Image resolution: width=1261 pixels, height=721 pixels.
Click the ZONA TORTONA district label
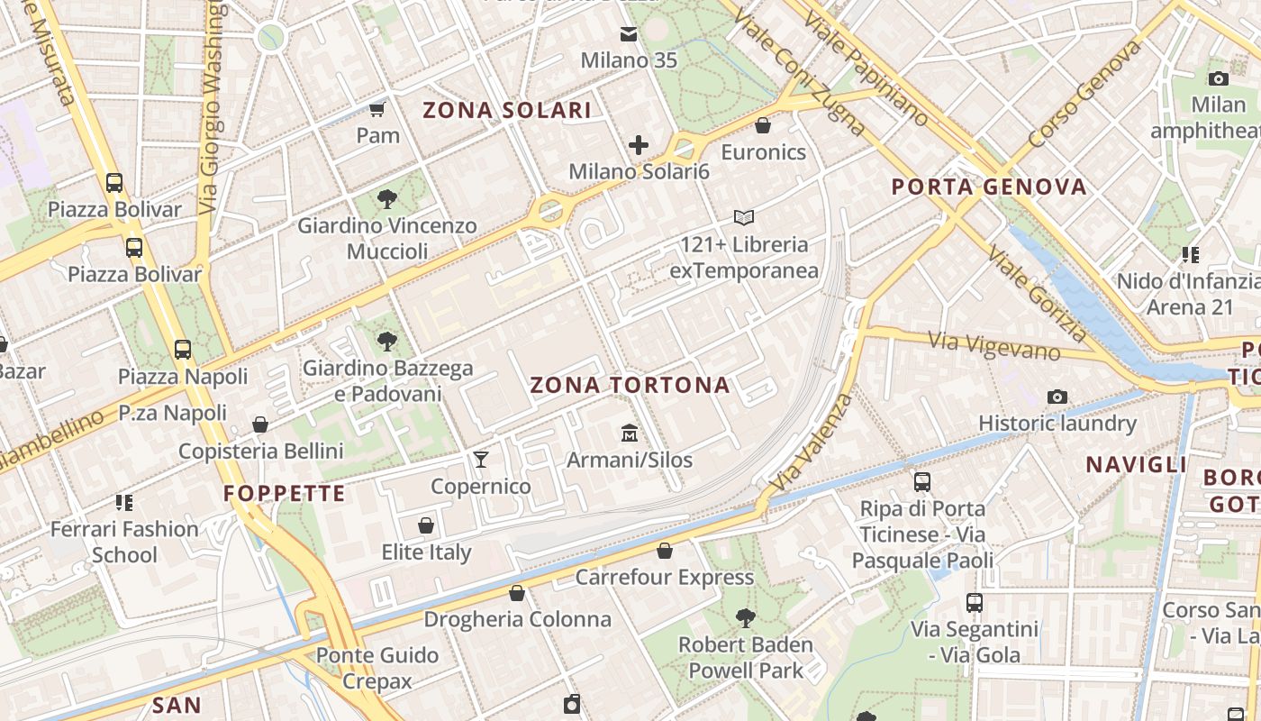click(630, 385)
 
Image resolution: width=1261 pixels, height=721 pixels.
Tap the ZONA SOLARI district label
click(507, 111)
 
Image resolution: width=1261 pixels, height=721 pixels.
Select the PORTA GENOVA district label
click(989, 187)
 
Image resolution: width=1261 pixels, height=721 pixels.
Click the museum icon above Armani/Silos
click(629, 434)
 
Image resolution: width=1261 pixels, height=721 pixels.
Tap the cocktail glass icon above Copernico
click(481, 460)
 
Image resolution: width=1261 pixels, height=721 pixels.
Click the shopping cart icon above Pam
click(377, 109)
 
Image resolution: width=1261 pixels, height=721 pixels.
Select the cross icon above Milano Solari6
click(639, 144)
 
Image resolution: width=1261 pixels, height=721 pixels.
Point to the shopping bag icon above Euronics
click(763, 125)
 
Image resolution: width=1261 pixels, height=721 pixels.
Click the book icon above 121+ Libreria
click(744, 217)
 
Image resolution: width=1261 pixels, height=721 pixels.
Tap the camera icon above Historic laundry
click(1057, 397)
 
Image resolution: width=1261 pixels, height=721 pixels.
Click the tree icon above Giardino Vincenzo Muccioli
click(387, 198)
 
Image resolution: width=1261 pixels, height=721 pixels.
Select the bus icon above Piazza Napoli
click(183, 350)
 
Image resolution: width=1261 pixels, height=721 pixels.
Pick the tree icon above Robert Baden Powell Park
click(745, 618)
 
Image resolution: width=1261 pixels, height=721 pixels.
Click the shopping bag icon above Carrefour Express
click(665, 551)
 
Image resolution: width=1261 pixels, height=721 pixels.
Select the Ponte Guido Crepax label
click(377, 668)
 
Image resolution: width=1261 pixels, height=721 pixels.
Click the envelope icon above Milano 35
click(629, 34)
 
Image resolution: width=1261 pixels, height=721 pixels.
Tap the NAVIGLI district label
click(1136, 465)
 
